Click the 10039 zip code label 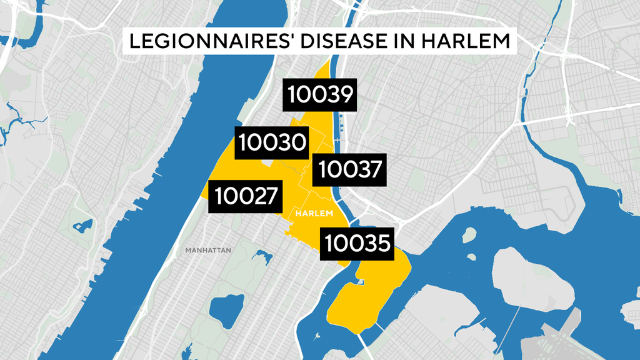[321, 96]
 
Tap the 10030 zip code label [272, 143]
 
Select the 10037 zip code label [349, 169]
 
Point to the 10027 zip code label [246, 196]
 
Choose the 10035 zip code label [357, 243]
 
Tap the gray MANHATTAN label [208, 251]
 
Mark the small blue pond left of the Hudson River [82, 226]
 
